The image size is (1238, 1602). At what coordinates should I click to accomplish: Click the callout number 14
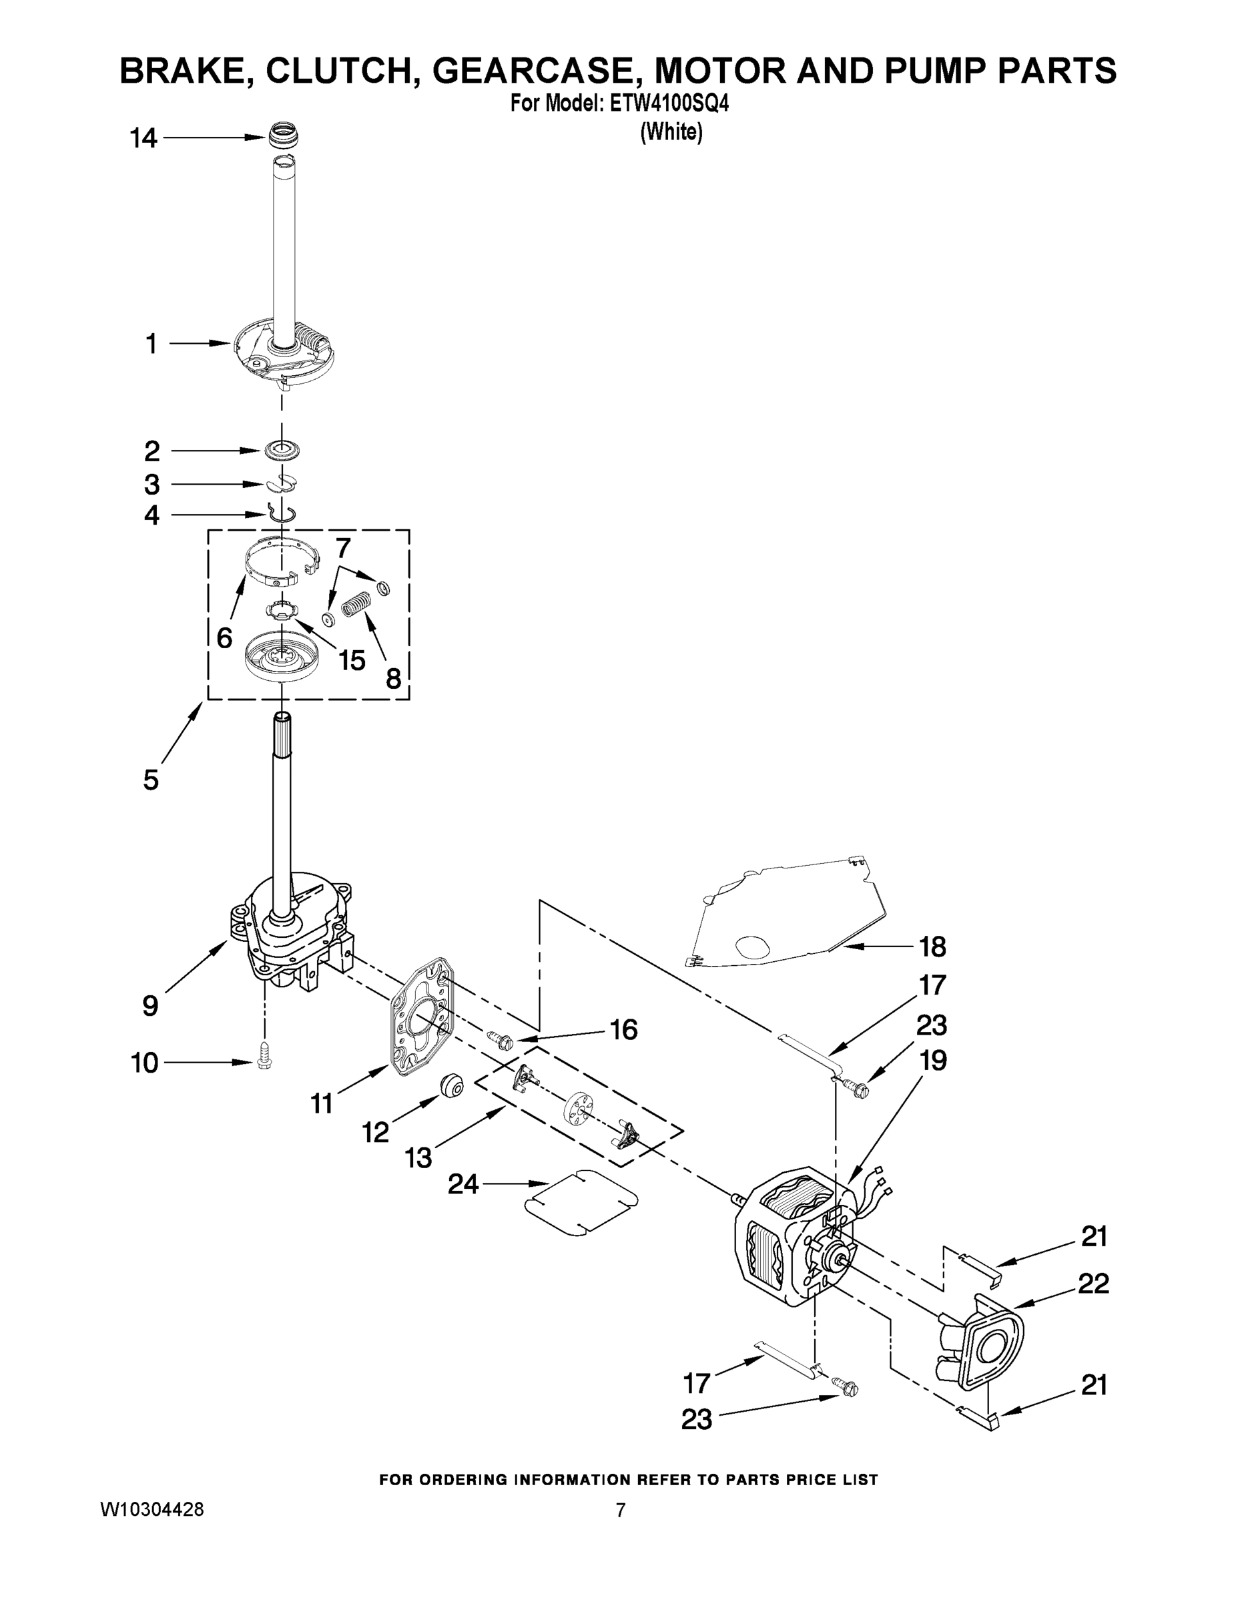pyautogui.click(x=143, y=138)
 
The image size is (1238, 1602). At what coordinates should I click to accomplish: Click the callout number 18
pyautogui.click(x=932, y=947)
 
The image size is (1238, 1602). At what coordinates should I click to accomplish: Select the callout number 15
pyautogui.click(x=352, y=660)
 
